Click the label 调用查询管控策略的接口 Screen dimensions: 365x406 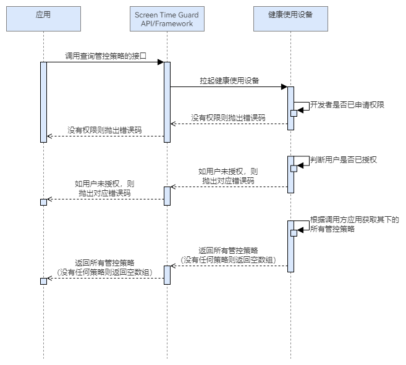(x=106, y=56)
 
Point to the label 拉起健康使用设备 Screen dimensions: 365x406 (x=229, y=80)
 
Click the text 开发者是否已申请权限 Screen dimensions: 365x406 (x=347, y=105)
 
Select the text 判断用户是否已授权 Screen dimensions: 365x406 (x=343, y=159)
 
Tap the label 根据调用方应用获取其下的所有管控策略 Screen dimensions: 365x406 (x=353, y=224)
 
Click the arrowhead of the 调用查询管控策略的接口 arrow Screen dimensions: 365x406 (x=160, y=62)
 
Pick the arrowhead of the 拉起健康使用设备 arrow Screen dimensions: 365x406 (x=284, y=86)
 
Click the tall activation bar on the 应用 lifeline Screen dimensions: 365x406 (x=43, y=102)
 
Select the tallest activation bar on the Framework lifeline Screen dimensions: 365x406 (x=167, y=102)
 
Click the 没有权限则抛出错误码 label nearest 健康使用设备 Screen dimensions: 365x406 (x=228, y=117)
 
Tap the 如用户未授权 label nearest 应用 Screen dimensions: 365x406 (x=104, y=188)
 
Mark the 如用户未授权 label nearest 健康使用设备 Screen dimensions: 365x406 (x=228, y=175)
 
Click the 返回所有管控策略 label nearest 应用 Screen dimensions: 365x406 (x=104, y=267)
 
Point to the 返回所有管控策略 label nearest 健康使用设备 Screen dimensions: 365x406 (x=228, y=254)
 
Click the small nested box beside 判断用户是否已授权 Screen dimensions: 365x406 (x=294, y=169)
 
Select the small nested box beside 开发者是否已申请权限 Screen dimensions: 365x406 (x=294, y=112)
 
